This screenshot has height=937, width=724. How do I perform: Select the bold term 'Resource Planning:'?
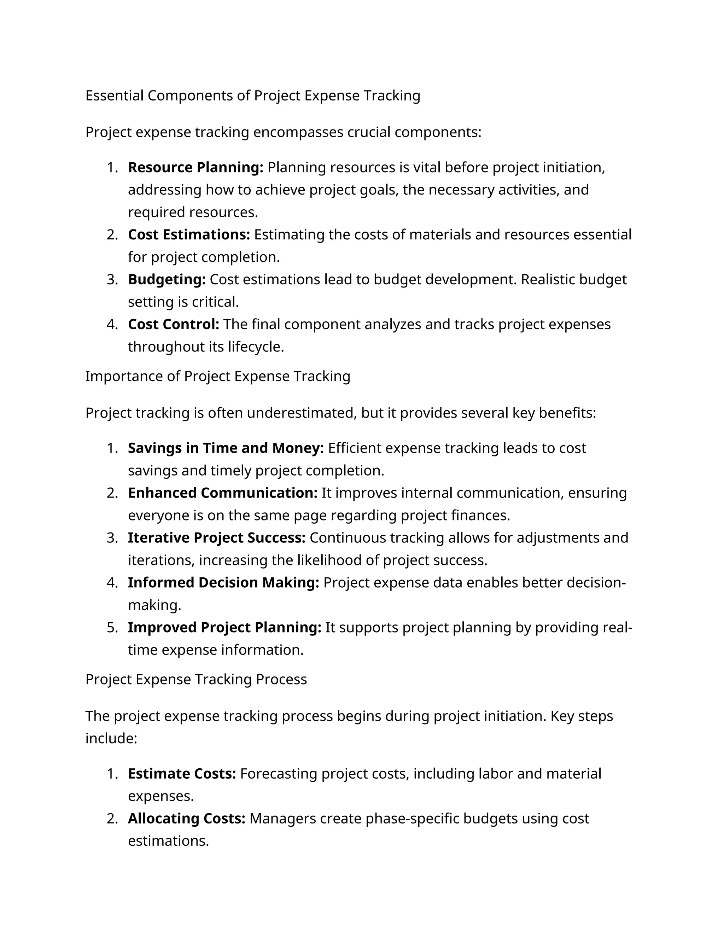point(195,167)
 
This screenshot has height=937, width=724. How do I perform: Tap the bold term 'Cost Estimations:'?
point(189,235)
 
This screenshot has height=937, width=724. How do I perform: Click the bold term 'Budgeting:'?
point(167,279)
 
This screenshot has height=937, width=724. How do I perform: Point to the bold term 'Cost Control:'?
point(173,324)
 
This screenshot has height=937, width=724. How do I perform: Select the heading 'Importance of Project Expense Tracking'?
point(217,376)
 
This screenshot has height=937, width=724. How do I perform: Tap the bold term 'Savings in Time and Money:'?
point(226,448)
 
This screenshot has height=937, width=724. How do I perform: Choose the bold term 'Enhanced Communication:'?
point(222,493)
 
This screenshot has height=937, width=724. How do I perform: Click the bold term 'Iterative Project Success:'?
point(216,537)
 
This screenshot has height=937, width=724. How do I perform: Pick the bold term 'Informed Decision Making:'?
point(223,583)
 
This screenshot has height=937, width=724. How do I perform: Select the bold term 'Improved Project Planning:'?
point(224,627)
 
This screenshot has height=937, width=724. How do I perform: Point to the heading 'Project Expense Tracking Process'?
point(196,680)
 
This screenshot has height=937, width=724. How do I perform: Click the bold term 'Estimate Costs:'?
point(182,774)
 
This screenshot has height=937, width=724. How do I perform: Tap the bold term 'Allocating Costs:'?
point(186,819)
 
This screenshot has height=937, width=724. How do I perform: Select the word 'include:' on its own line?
point(111,738)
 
